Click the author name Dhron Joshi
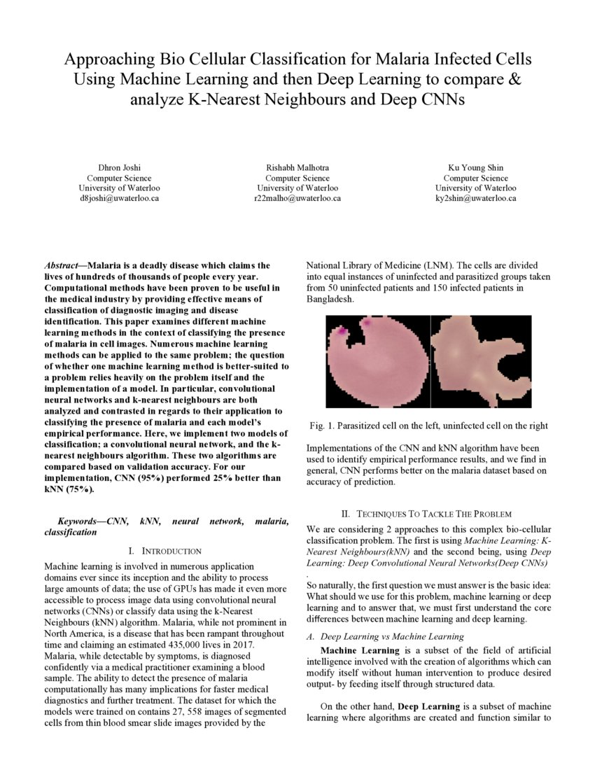(119, 168)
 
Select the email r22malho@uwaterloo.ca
(297, 198)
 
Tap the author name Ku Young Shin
(476, 168)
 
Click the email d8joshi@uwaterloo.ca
(119, 198)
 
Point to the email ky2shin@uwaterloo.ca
(476, 198)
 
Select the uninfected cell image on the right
(480, 361)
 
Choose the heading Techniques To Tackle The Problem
(434, 514)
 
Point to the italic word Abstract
(62, 266)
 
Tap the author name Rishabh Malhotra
(297, 168)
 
